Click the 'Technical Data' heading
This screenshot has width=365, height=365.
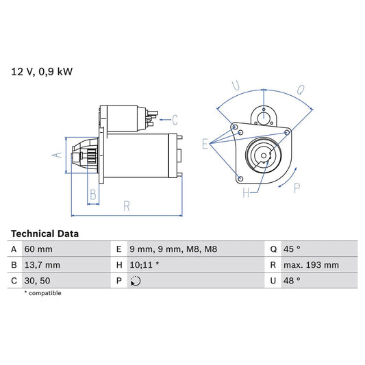(x=45, y=234)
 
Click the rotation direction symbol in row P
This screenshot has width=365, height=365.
(x=136, y=280)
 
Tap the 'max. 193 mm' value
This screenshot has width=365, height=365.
(x=312, y=264)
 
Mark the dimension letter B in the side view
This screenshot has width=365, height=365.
(x=93, y=194)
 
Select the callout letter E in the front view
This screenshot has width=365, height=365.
(x=205, y=143)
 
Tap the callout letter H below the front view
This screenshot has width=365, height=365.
(x=246, y=194)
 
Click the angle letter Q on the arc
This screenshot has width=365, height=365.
(x=301, y=88)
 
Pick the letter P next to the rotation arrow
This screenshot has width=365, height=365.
(x=297, y=186)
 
